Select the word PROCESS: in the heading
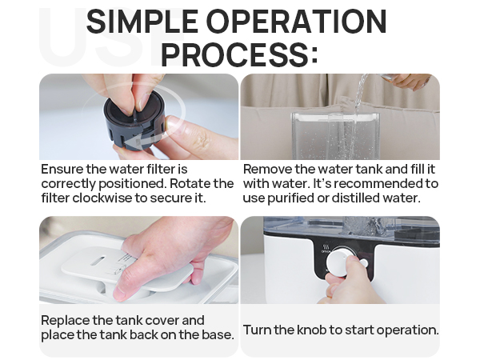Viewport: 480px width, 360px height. (239, 55)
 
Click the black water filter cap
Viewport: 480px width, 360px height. (134, 122)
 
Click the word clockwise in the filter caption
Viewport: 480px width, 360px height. (102, 198)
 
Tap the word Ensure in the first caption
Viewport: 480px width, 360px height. (62, 169)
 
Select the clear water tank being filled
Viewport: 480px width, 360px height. (335, 135)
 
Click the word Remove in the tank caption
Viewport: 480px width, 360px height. (267, 169)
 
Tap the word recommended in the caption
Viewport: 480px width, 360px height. (378, 183)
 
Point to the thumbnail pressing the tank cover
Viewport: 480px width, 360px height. (121, 294)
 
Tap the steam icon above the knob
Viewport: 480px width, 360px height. (326, 246)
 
